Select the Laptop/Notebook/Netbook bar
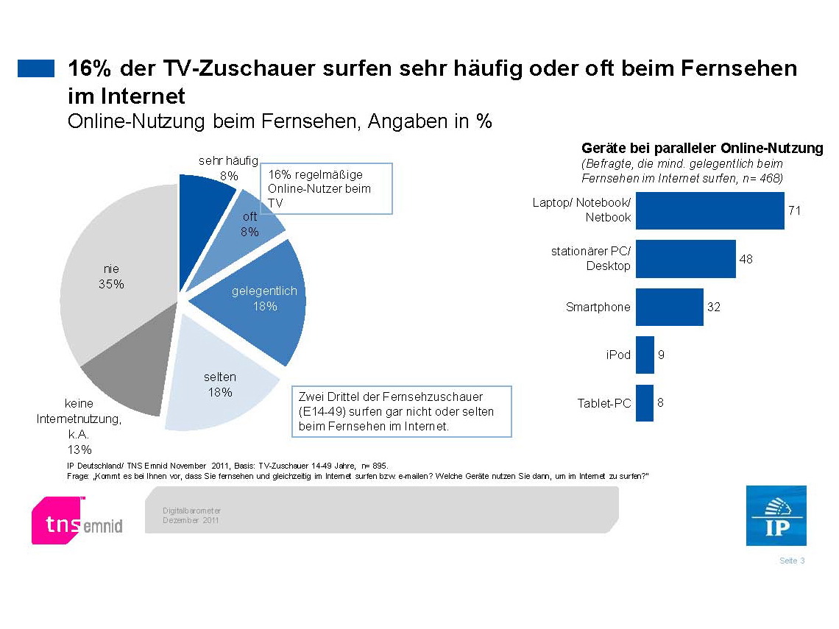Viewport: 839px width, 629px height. click(x=709, y=211)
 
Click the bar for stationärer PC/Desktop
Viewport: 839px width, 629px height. click(x=685, y=259)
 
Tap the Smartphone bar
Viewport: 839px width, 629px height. click(x=669, y=307)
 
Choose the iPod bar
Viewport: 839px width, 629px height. click(x=645, y=355)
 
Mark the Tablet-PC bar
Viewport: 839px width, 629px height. click(x=645, y=403)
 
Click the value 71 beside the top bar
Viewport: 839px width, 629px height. click(x=794, y=210)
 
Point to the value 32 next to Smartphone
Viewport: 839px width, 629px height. click(x=713, y=307)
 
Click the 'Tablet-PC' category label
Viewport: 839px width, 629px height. click(x=604, y=403)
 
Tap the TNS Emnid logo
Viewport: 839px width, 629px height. click(x=77, y=521)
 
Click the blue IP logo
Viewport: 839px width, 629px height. click(x=776, y=516)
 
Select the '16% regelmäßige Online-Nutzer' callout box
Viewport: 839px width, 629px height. click(x=327, y=189)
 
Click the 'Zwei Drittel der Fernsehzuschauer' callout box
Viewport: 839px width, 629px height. click(x=401, y=411)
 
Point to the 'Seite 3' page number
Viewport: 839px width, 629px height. click(x=792, y=561)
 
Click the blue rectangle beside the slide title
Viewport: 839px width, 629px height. click(x=36, y=68)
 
